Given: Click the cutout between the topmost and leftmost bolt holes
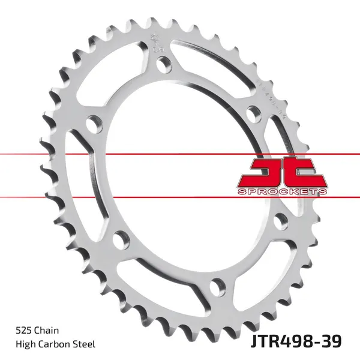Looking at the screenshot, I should tap(114, 78).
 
